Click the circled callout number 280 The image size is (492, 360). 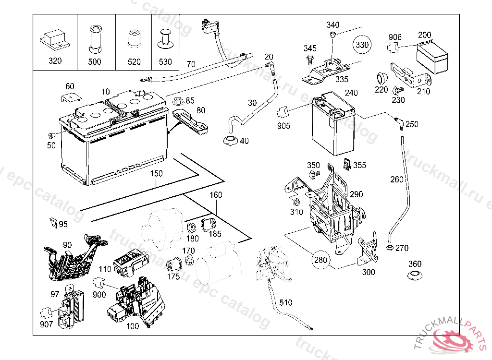click(320, 261)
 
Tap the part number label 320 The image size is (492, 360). click(55, 61)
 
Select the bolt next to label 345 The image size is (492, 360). click(309, 60)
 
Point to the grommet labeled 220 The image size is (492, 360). click(381, 77)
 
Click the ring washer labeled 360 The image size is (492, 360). click(414, 276)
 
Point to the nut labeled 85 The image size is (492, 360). click(176, 102)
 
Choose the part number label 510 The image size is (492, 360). click(286, 303)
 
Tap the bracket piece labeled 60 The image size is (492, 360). click(70, 97)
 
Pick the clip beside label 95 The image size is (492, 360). click(53, 222)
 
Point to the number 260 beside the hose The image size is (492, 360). click(397, 180)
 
